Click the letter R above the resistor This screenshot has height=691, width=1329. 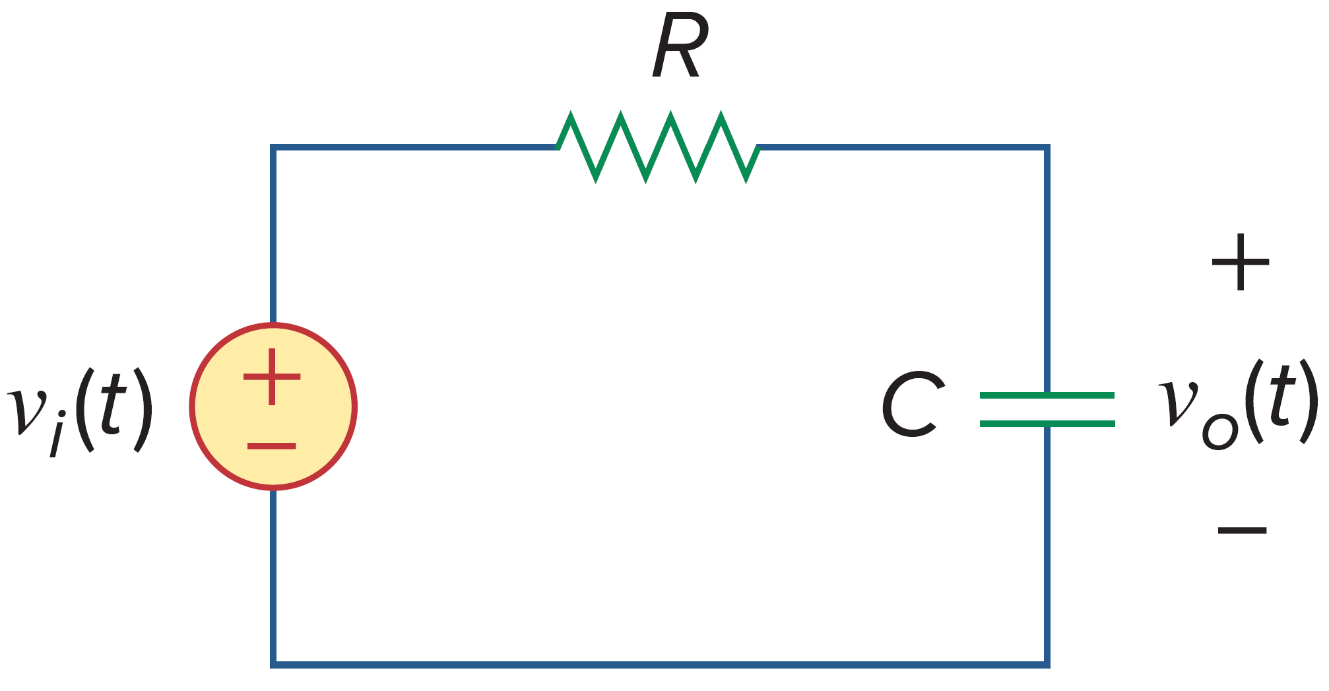680,48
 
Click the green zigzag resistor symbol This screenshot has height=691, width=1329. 658,147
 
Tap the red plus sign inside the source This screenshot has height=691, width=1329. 272,377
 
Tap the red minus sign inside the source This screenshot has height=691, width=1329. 271,447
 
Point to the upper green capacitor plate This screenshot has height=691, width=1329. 1047,395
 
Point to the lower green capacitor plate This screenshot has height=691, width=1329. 1047,423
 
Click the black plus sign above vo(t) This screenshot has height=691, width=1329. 1241,262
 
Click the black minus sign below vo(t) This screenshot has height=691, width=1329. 1242,530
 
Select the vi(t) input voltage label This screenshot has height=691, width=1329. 79,409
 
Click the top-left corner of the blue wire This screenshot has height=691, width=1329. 273,147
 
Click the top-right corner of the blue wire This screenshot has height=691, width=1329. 1047,147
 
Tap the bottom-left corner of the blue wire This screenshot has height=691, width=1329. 273,664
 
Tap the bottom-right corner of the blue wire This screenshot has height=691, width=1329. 1047,664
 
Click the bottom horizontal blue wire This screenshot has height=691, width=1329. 660,664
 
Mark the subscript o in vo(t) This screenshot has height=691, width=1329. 1219,433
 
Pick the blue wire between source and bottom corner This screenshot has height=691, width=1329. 273,574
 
